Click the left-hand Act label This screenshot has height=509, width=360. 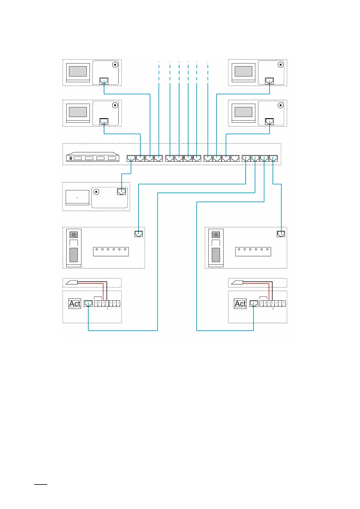click(75, 303)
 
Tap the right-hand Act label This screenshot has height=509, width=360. click(240, 303)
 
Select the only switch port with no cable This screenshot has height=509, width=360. click(235, 158)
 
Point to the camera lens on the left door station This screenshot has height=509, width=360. click(74, 235)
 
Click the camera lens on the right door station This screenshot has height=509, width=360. click(216, 235)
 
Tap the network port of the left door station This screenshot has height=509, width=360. click(139, 234)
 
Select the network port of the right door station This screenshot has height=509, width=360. click(281, 234)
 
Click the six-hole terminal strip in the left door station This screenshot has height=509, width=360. click(111, 251)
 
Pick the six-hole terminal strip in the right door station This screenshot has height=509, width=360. click(253, 251)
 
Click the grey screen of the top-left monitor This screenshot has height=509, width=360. click(78, 71)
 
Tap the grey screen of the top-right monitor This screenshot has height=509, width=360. click(244, 71)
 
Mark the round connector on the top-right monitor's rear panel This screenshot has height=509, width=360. click(280, 65)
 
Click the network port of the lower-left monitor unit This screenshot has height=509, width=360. click(104, 121)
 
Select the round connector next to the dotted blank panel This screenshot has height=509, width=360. click(96, 192)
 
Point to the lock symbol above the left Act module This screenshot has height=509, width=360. click(72, 283)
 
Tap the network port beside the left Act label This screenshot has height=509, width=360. click(88, 303)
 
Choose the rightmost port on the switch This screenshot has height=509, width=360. click(273, 158)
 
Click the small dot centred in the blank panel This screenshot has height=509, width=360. click(77, 198)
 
